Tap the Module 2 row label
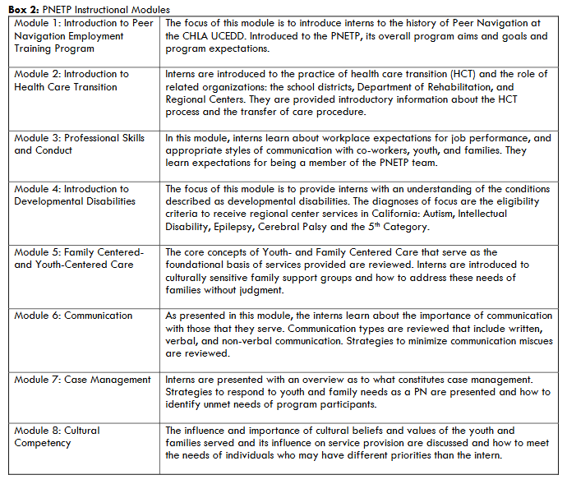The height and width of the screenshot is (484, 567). (71, 80)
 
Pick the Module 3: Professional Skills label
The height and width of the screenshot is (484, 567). (79, 144)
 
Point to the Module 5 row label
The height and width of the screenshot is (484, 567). (79, 258)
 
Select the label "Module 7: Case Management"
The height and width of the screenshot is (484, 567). (82, 380)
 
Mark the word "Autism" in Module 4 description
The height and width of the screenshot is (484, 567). (437, 214)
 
